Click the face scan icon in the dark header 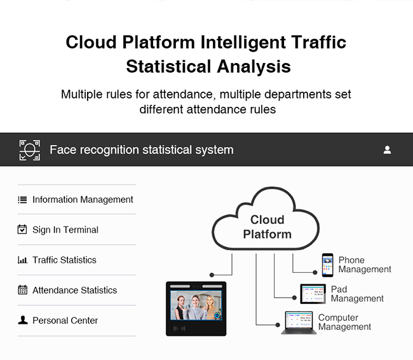(x=30, y=150)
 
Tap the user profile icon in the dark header (x=387, y=150)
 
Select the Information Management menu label (x=83, y=200)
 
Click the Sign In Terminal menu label (x=65, y=230)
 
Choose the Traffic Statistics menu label (x=64, y=260)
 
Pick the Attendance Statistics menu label (x=74, y=291)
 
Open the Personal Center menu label (x=65, y=321)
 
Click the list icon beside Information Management (x=22, y=200)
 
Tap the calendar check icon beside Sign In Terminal (x=22, y=230)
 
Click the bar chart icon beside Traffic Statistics (x=22, y=260)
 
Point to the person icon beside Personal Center (x=23, y=320)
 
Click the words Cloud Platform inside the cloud (x=267, y=227)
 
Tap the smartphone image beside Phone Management (x=327, y=265)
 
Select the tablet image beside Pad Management (x=313, y=294)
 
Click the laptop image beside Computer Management (x=299, y=323)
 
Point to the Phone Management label (x=365, y=265)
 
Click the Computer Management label (x=344, y=322)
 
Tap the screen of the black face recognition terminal (x=196, y=305)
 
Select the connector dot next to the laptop (x=278, y=325)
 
